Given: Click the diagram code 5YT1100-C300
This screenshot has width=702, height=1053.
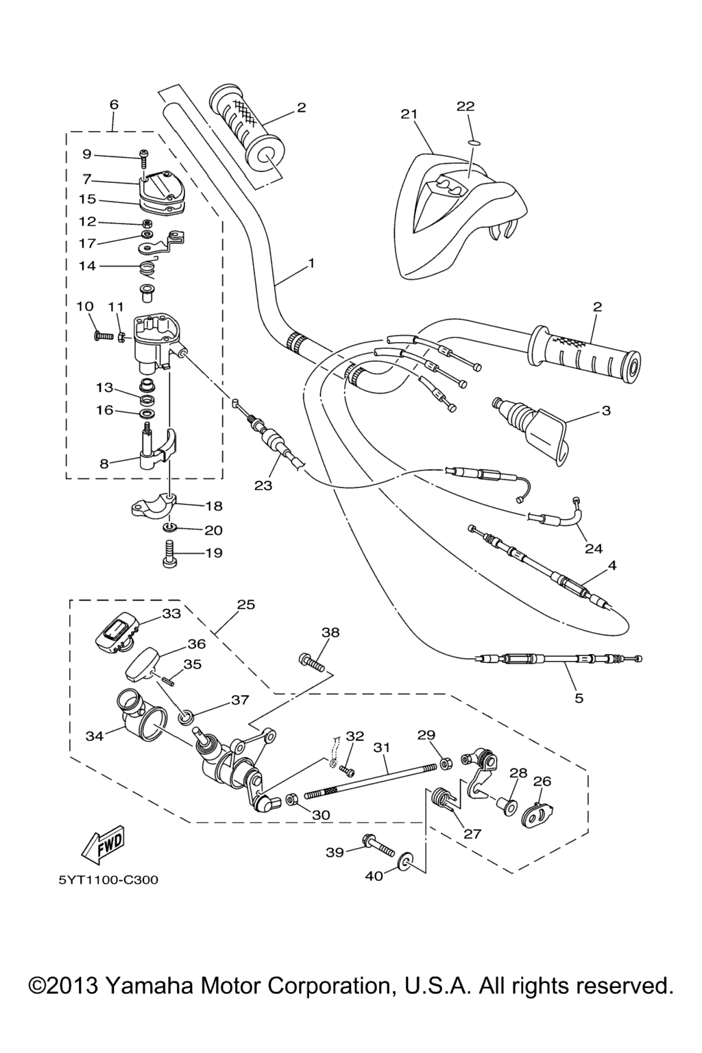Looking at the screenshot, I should [x=108, y=880].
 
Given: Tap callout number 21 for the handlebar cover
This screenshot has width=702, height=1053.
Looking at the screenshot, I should [x=409, y=114].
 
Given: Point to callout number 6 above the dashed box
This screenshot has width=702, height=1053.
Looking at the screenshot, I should [x=114, y=104].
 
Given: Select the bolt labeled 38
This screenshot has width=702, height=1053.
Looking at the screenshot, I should [x=311, y=661].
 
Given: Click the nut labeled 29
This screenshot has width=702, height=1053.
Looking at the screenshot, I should [x=445, y=761].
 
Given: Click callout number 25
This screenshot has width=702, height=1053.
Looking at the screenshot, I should [x=245, y=605].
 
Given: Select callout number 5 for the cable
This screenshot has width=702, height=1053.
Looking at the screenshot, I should [x=579, y=698].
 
